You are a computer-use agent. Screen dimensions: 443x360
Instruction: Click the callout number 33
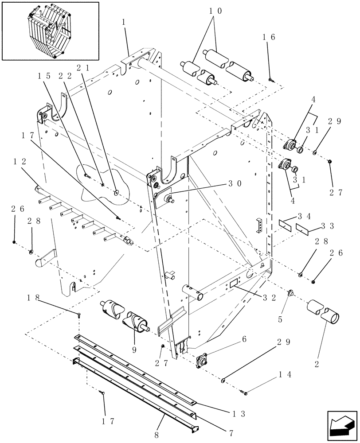coord(329,225)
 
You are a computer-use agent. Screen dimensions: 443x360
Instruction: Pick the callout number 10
coord(216,11)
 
